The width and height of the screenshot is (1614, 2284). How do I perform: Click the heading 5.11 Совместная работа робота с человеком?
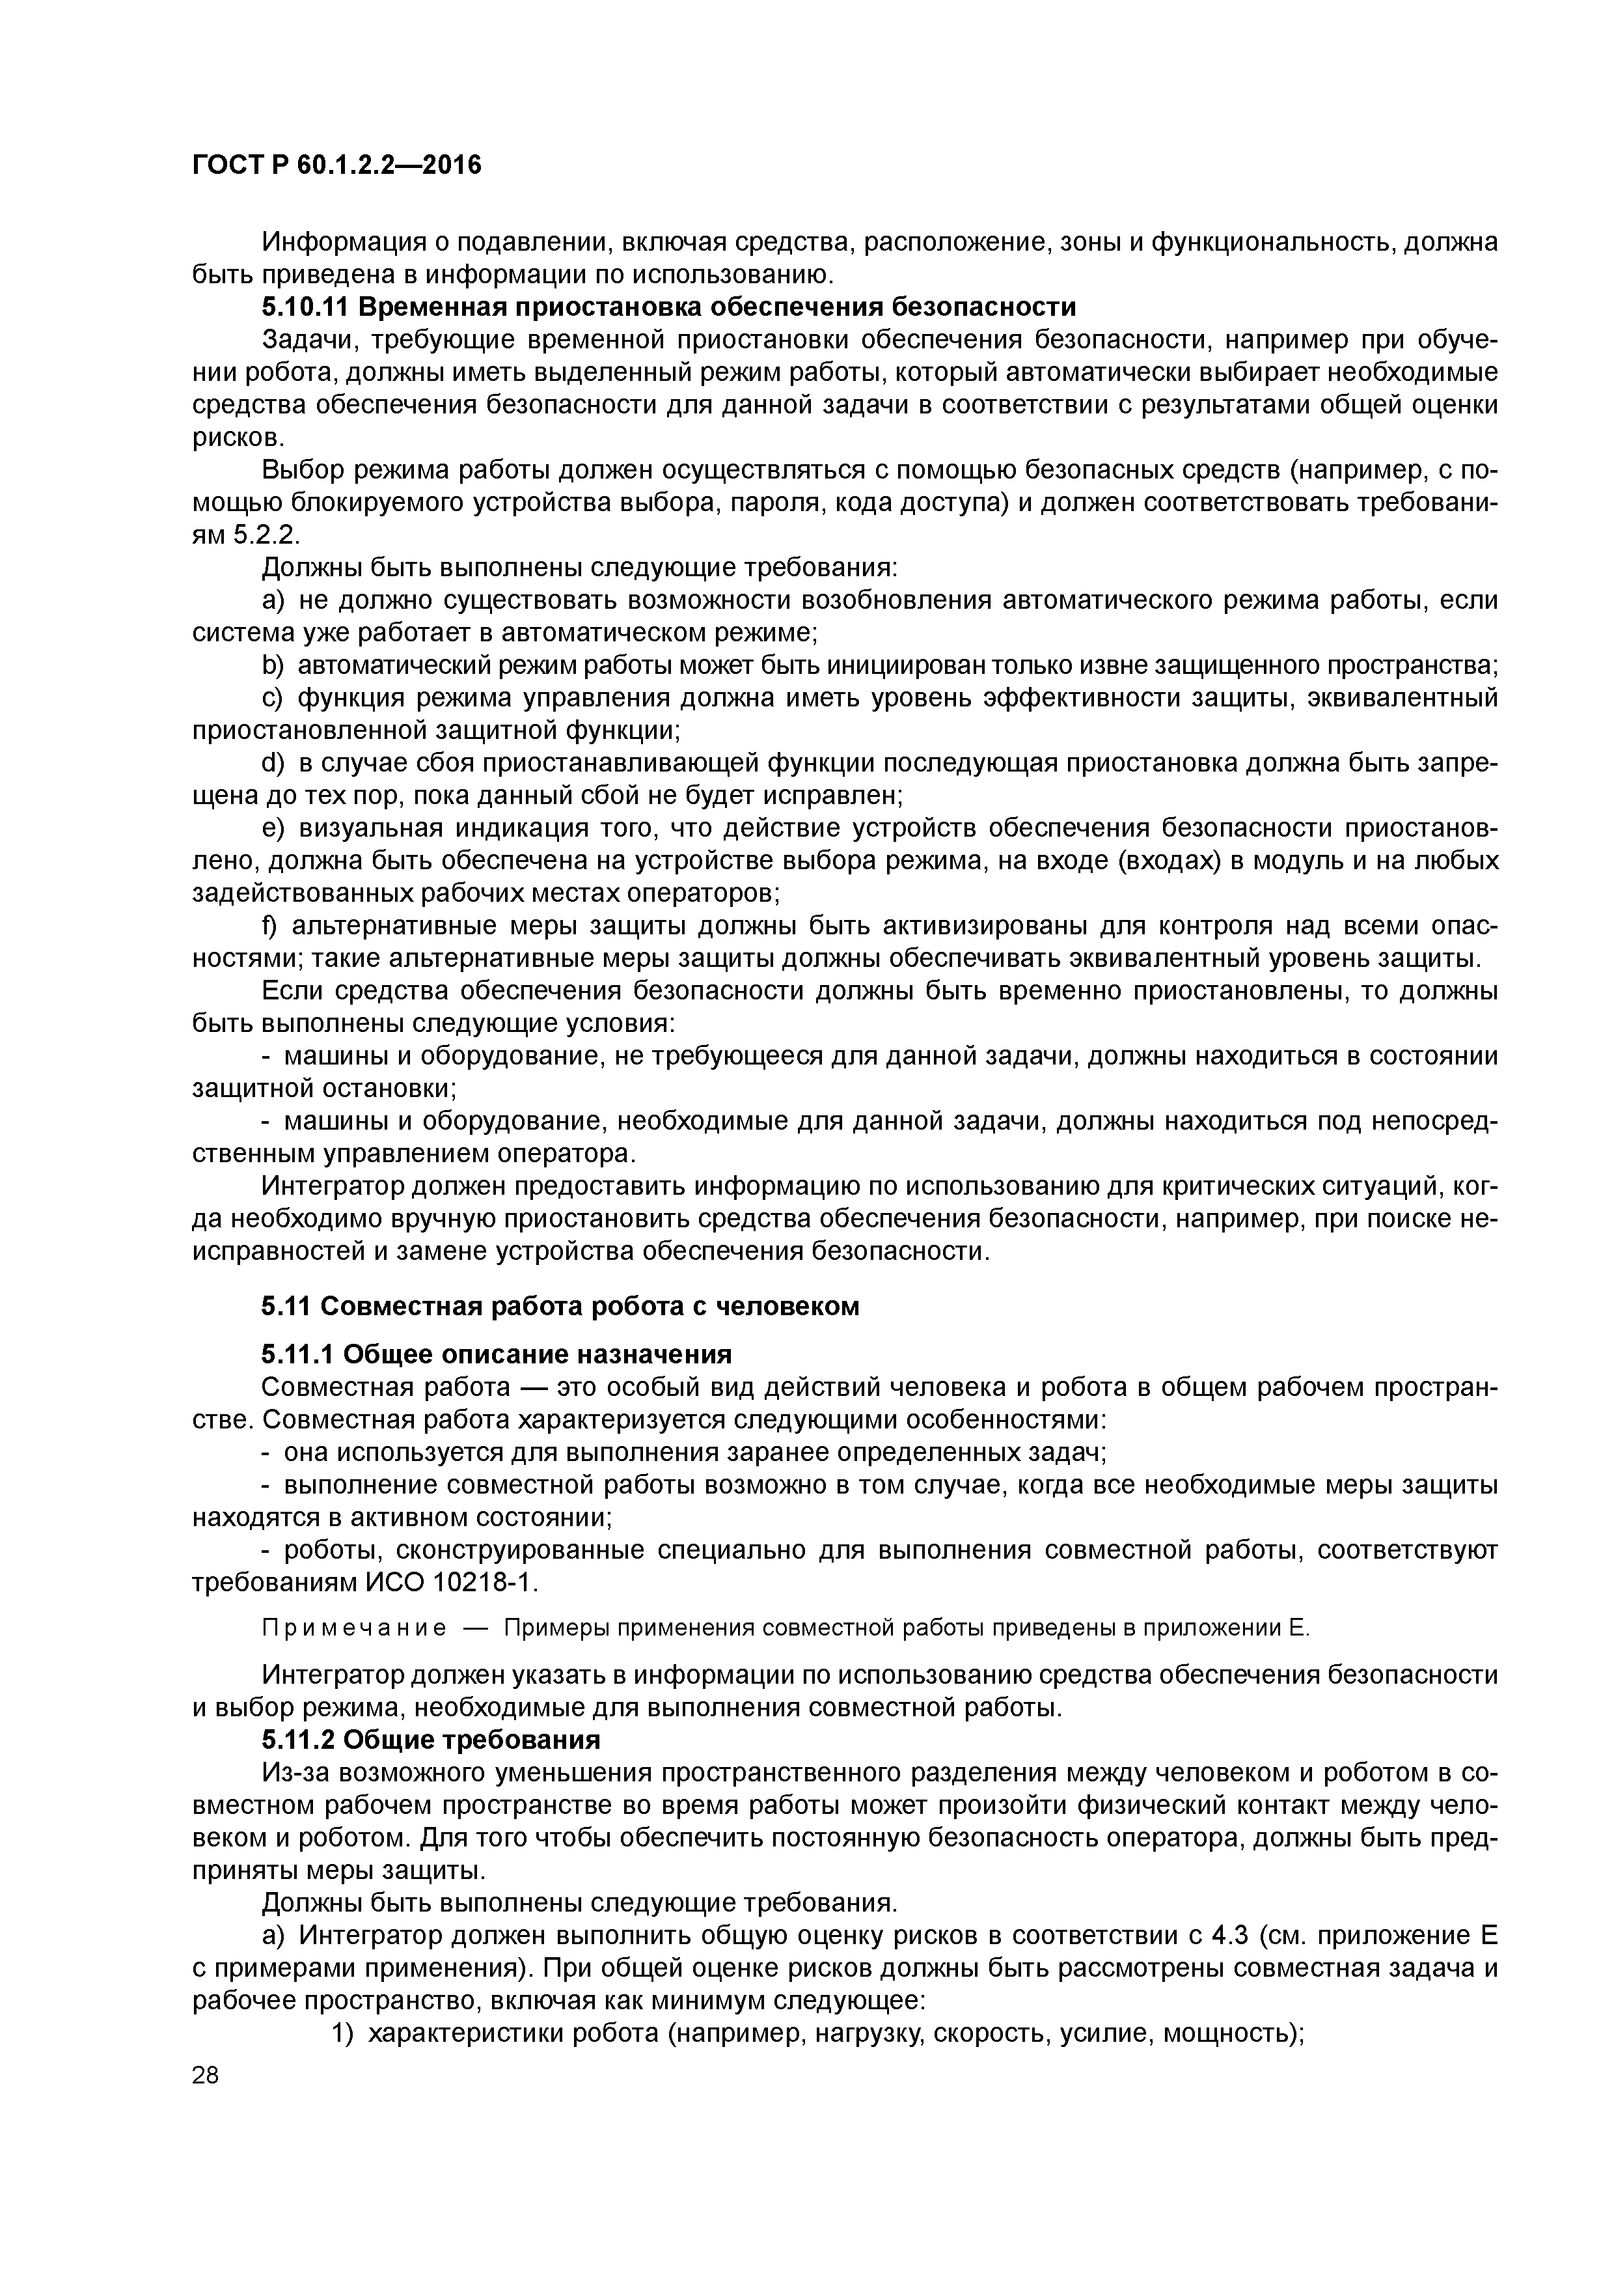click(x=560, y=1306)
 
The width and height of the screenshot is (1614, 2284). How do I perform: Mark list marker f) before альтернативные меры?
click(x=269, y=926)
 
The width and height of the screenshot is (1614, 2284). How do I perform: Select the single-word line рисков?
click(x=224, y=438)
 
